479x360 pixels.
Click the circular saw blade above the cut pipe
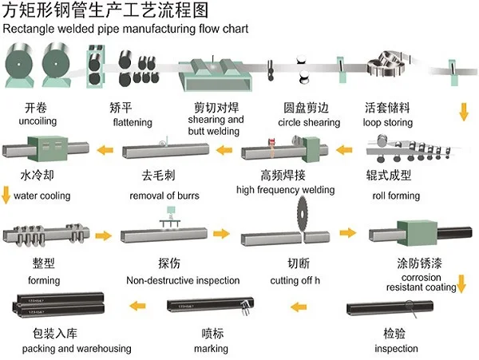302,214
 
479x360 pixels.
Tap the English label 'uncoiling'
38,121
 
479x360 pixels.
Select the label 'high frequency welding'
285,190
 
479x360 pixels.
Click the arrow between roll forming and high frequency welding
344,150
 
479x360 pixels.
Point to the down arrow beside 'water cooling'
6,195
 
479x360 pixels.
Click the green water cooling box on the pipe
48,148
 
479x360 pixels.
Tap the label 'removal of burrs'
164,196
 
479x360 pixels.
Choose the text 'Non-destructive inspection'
183,280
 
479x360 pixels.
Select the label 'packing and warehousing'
77,349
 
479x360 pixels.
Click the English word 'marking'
211,349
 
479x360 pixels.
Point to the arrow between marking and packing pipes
137,306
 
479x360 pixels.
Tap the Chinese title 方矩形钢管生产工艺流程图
105,10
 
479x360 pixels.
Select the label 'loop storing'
388,122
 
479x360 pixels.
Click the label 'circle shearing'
309,122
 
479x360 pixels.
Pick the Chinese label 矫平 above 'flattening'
121,108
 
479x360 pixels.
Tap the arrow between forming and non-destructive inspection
104,235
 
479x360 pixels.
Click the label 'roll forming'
396,196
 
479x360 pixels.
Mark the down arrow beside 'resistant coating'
461,284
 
